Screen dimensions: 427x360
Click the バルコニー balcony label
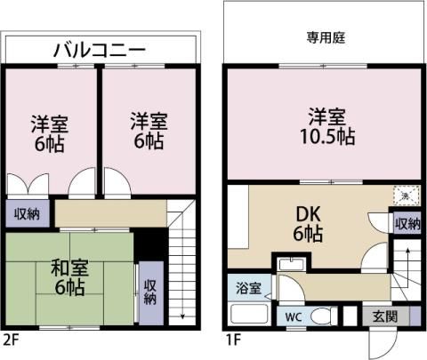100,50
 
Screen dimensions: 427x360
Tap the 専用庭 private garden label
326,38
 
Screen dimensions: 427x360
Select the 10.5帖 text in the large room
327,136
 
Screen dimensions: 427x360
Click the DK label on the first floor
309,214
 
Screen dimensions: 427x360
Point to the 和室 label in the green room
69,268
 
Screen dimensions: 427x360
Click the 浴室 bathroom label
248,288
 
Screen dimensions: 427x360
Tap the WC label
294,317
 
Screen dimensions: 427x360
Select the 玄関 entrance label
385,316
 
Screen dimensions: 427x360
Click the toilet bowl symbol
324,316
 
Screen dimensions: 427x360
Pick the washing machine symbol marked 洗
407,196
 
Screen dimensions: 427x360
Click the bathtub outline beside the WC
250,314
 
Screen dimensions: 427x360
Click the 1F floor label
232,340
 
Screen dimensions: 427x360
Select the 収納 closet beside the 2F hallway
28,213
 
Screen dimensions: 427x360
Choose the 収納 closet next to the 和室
151,293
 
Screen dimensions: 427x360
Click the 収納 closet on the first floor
407,223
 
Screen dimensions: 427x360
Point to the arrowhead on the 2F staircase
182,316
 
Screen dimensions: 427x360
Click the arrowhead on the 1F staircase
408,251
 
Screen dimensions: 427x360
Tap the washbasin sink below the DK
293,264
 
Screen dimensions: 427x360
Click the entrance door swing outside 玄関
383,345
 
